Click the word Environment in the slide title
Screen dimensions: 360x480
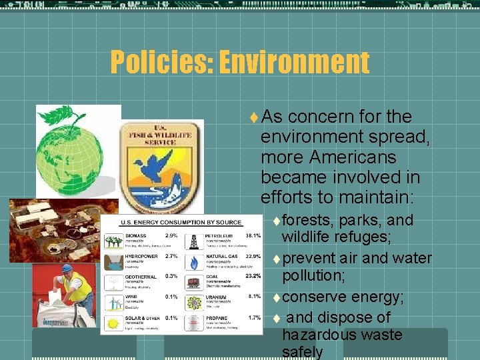click(294, 63)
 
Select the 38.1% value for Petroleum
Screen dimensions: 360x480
click(253, 235)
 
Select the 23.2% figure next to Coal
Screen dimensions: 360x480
click(253, 275)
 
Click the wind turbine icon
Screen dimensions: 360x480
click(112, 302)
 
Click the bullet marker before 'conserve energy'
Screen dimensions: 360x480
click(276, 297)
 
